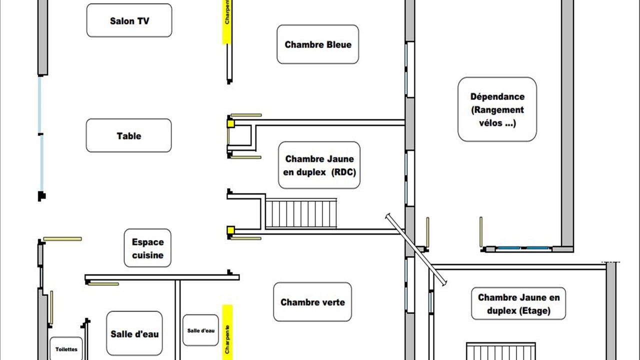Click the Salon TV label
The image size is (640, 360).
point(129,20)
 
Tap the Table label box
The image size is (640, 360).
point(129,135)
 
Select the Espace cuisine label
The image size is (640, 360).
point(147,248)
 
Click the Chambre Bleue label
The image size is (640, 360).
point(317,44)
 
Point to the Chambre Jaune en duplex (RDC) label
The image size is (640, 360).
point(319,165)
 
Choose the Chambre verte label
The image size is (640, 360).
point(312,302)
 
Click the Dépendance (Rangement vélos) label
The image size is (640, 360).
point(497,109)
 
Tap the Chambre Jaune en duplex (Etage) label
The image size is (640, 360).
point(518,303)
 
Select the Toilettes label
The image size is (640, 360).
point(66,349)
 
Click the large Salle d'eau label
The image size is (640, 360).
point(134,333)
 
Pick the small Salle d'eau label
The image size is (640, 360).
point(200,330)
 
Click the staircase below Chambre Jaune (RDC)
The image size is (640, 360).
point(301,213)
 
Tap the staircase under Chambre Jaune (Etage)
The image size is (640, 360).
point(501,351)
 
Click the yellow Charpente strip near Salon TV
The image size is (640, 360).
point(227,22)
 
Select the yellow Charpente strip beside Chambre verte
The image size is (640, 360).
point(227,332)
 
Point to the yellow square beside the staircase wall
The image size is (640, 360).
point(231,230)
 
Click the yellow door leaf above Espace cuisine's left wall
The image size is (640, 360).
point(62,239)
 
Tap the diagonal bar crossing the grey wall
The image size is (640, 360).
point(415,249)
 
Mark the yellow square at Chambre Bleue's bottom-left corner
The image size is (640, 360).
point(231,123)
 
